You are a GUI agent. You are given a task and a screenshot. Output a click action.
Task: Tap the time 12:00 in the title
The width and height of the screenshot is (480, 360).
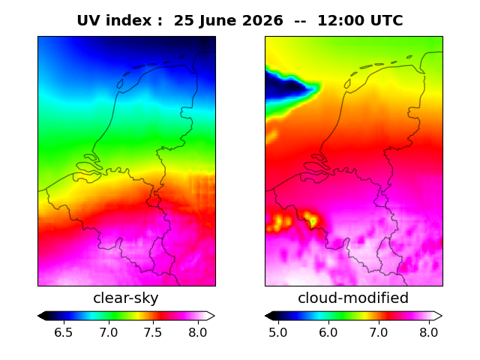(x=340, y=21)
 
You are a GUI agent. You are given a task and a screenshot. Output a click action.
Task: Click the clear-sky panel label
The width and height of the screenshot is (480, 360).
(x=126, y=298)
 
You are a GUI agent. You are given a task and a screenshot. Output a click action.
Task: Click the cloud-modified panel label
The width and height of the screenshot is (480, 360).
(x=353, y=298)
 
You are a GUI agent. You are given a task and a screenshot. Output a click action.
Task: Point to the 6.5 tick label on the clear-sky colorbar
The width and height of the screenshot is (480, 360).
(x=63, y=332)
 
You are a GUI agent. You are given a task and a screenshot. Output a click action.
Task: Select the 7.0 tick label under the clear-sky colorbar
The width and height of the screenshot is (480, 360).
(x=108, y=332)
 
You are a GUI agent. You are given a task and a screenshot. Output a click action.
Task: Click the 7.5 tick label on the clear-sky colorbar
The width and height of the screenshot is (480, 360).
(x=153, y=332)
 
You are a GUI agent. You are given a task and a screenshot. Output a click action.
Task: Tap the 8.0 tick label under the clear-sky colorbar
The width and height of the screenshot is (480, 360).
(x=198, y=332)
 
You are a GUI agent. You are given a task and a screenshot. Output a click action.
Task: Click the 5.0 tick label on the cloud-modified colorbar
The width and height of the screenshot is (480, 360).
(x=278, y=332)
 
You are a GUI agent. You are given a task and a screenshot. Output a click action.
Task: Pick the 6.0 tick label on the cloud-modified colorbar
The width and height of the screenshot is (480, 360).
(x=328, y=332)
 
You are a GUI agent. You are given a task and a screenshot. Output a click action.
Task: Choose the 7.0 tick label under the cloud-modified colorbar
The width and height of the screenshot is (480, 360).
(x=379, y=332)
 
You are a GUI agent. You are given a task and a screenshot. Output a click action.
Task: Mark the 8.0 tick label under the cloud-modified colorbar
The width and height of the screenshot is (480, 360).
(x=429, y=332)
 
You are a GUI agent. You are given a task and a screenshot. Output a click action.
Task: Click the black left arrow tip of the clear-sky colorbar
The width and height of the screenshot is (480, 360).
(x=38, y=316)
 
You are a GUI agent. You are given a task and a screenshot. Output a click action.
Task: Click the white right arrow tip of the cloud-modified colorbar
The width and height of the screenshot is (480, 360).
(x=442, y=316)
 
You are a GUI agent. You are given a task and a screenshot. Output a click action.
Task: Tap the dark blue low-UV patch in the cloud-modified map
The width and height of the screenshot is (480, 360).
(x=286, y=86)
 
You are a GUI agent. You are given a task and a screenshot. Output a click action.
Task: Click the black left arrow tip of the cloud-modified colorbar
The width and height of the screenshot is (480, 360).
(x=265, y=316)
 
